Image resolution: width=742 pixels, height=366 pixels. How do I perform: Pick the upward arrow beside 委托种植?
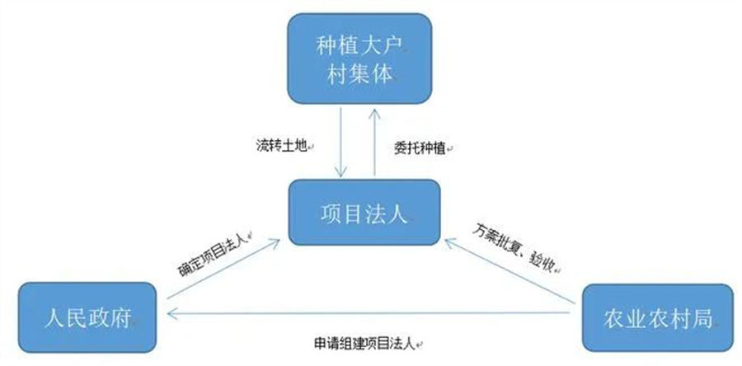pyautogui.click(x=375, y=139)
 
